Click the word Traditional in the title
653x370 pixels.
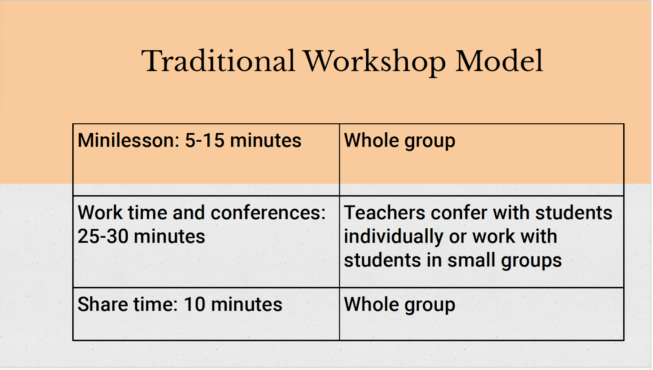218,61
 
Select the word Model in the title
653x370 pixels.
499,61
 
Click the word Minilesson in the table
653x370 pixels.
128,140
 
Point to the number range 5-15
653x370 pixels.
204,140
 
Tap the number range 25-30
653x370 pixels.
103,236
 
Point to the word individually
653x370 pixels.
393,237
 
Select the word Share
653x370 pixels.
102,304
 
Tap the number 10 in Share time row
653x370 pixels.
194,304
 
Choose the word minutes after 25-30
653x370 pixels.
169,236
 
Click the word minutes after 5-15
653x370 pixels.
266,140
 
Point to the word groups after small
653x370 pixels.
531,261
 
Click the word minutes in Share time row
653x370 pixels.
247,304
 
